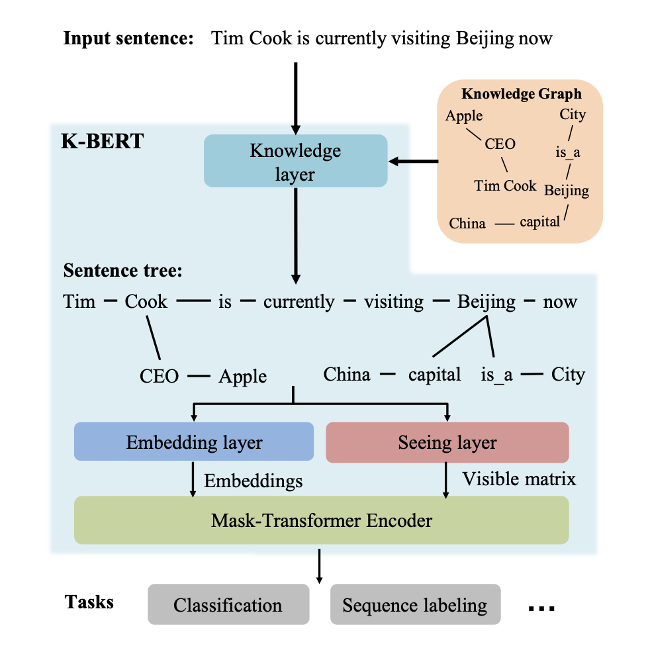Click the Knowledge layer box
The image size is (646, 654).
coord(295,161)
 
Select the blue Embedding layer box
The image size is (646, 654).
coord(194,442)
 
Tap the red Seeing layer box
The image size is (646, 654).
coord(447,442)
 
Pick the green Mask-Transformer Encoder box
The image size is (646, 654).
coord(321,520)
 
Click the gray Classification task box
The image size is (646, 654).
coord(228,604)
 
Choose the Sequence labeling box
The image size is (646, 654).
coord(415,604)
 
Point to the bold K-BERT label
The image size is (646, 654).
coord(102,142)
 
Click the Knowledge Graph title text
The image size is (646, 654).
coord(522,94)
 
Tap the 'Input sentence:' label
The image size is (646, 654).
coord(128,38)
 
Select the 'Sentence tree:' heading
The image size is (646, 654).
coord(122,271)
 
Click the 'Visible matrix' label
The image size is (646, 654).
coord(519,479)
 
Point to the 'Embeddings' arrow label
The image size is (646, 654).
coord(253,481)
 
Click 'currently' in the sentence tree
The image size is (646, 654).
coord(299,302)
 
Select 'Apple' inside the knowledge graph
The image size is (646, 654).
coord(464,116)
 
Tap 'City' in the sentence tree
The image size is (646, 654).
coord(568,375)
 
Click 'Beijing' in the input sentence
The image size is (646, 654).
coord(485,38)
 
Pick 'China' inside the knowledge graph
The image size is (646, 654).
coord(467,223)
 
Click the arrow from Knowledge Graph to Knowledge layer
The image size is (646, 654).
coord(414,161)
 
